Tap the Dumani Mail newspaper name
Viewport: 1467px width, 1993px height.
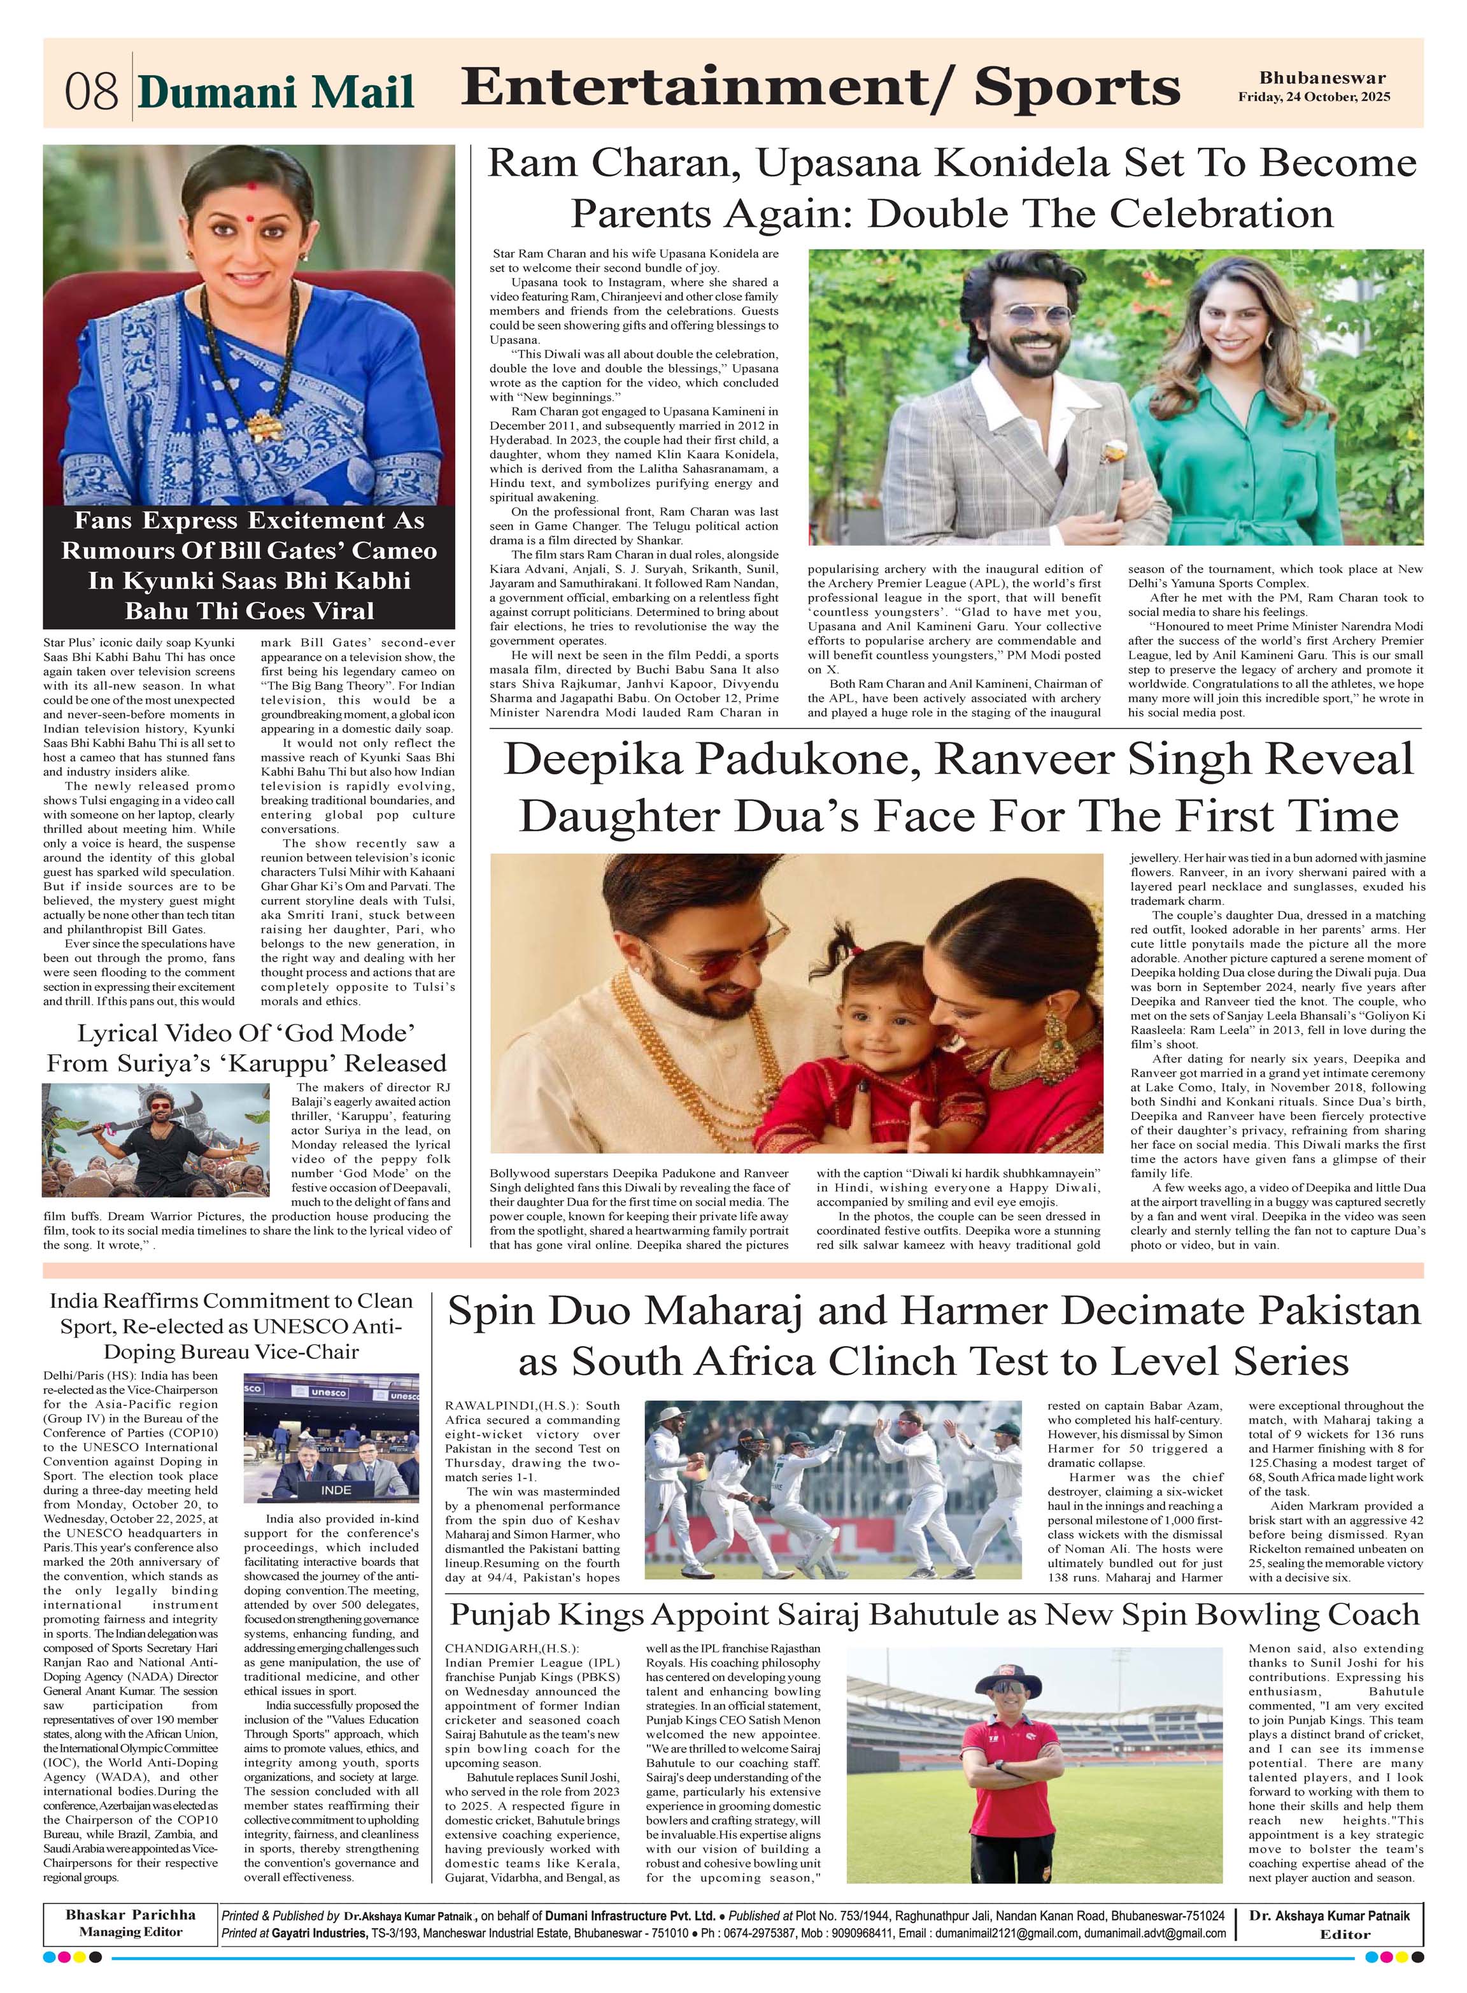[276, 92]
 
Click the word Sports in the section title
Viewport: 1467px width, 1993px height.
[1076, 87]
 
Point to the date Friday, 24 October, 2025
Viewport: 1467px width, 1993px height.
[1314, 97]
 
